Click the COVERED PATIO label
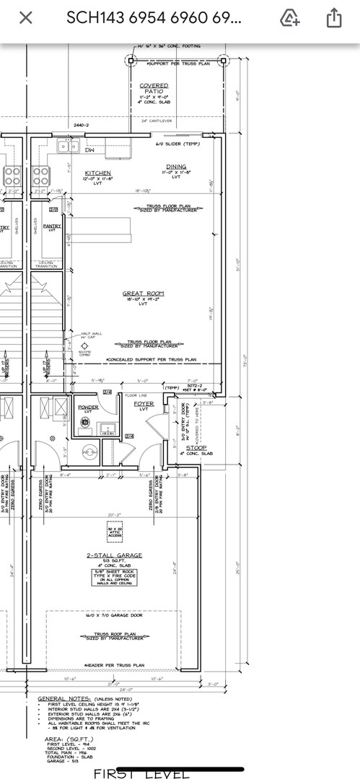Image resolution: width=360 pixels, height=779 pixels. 154,89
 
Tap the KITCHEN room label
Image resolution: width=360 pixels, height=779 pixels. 97,173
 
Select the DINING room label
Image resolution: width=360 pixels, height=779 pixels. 176,167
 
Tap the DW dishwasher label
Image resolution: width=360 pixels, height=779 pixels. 90,151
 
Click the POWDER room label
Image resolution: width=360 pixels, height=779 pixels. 88,407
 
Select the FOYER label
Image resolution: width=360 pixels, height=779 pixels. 144,403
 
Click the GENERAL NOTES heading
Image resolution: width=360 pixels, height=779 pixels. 64,698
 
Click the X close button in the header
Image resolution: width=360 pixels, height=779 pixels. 25,18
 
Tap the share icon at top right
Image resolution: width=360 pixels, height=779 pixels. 334,18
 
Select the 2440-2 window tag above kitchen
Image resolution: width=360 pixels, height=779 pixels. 81,126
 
